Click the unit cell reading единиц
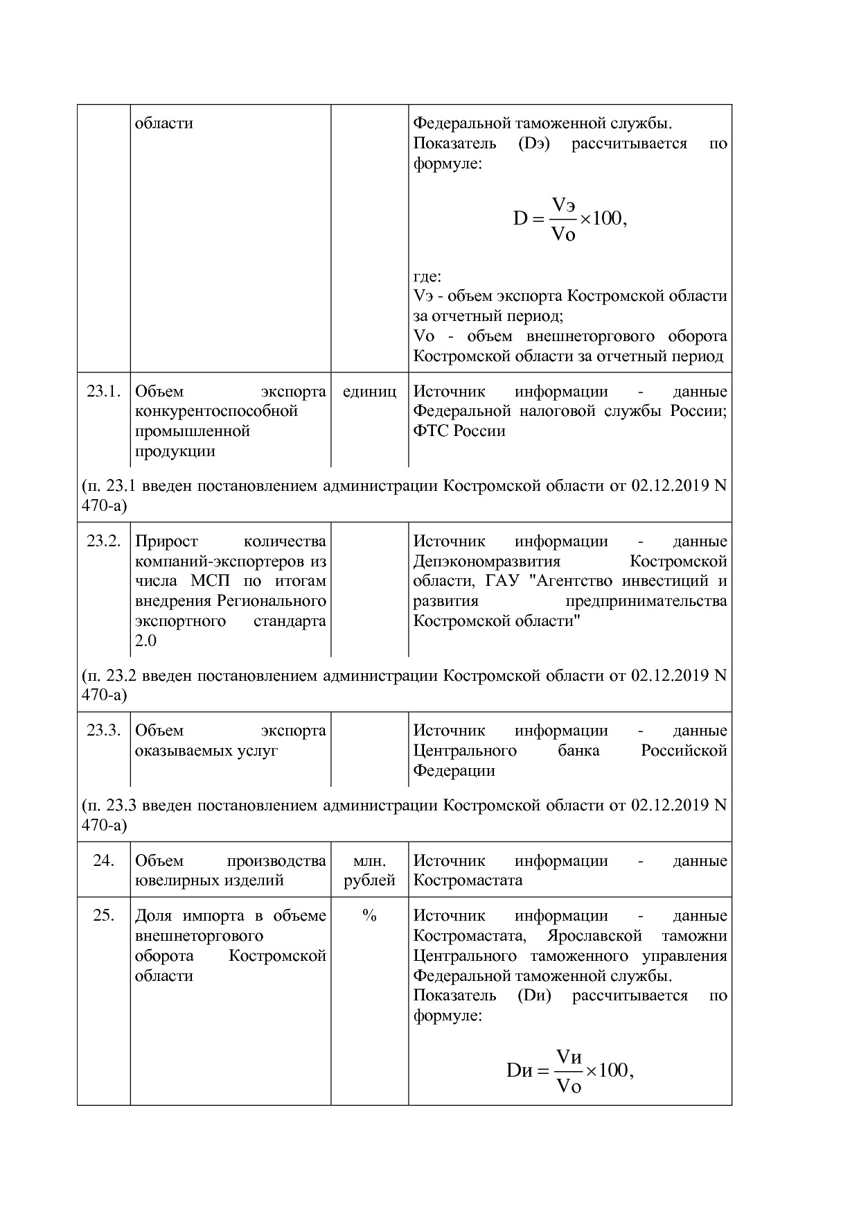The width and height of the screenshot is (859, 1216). [x=369, y=391]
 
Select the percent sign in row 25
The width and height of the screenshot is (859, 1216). [x=369, y=916]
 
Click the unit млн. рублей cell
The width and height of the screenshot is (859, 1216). [x=369, y=870]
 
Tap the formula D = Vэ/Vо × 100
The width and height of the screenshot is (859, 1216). [x=569, y=219]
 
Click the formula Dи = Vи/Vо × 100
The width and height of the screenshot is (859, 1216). [x=569, y=1070]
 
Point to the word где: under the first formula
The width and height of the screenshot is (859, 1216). [x=427, y=277]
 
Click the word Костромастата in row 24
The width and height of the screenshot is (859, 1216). [x=468, y=880]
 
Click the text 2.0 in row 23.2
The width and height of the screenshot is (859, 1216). [x=145, y=641]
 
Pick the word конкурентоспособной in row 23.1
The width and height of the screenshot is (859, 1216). [x=216, y=411]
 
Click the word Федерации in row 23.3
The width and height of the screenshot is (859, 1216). [x=454, y=770]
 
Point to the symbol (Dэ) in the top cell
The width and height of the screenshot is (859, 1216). [x=533, y=144]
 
